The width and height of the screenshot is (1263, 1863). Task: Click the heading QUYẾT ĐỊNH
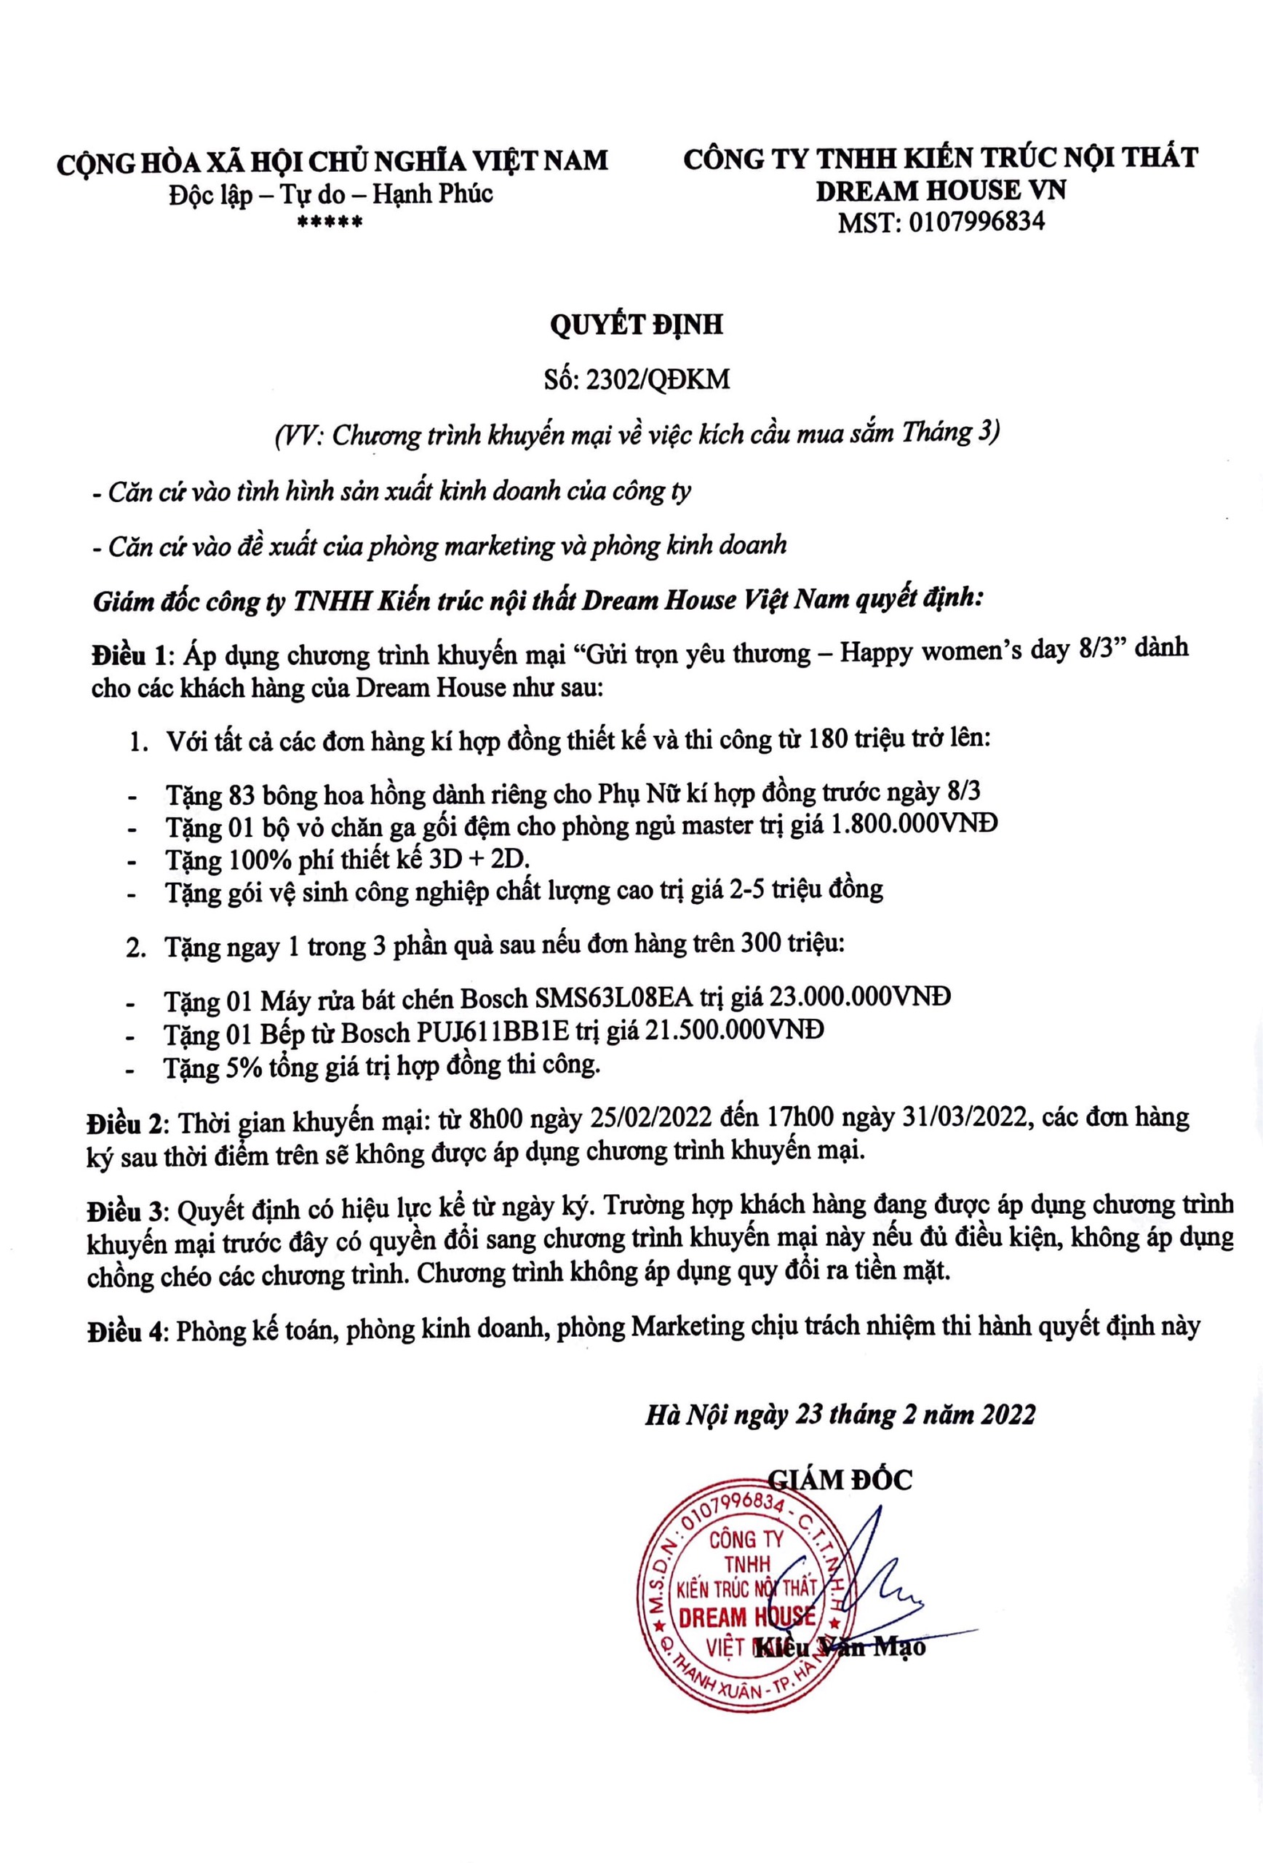pyautogui.click(x=637, y=325)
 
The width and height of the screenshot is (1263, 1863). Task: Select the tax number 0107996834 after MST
pyautogui.click(x=976, y=222)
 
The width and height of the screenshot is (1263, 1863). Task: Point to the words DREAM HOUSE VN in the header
pyautogui.click(x=941, y=190)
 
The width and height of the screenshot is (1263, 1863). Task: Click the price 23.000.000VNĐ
pyautogui.click(x=860, y=997)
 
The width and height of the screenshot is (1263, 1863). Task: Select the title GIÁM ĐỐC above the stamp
pyautogui.click(x=840, y=1479)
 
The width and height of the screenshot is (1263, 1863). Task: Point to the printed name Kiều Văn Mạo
pyautogui.click(x=840, y=1648)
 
